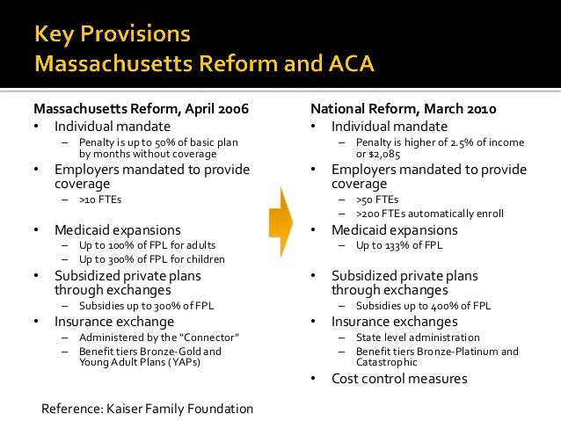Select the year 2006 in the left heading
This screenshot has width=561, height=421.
click(x=231, y=110)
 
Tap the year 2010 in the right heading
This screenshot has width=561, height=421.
click(x=478, y=110)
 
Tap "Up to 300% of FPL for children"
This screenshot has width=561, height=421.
click(x=151, y=259)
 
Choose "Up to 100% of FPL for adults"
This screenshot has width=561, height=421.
click(x=147, y=245)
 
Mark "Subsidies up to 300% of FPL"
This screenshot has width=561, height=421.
click(x=146, y=306)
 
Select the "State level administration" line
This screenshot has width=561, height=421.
click(x=418, y=337)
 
